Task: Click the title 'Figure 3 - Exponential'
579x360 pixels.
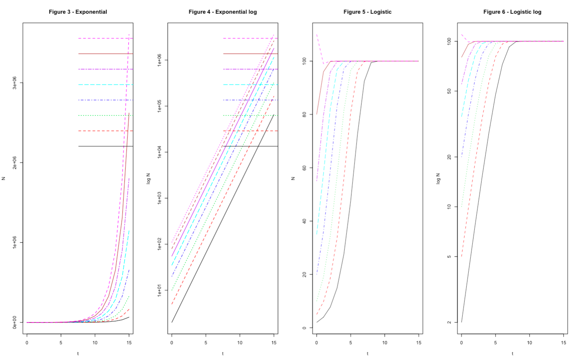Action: (x=78, y=12)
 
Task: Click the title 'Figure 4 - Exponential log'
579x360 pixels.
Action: (x=223, y=12)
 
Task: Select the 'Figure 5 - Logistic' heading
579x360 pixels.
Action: (x=367, y=12)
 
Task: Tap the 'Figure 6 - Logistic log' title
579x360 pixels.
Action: (x=512, y=12)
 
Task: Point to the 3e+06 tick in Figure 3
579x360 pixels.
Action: (x=15, y=83)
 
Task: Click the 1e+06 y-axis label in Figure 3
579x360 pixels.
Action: (x=15, y=242)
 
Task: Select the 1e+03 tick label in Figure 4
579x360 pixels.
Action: (x=160, y=198)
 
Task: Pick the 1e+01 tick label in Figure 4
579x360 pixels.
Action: (x=160, y=290)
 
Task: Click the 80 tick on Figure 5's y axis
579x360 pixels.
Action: (x=305, y=114)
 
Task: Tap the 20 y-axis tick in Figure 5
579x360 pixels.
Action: (x=305, y=274)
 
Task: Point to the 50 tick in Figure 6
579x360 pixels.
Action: (x=449, y=91)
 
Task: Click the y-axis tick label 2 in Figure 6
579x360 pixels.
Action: (x=449, y=322)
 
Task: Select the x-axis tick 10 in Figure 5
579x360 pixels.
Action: (x=385, y=343)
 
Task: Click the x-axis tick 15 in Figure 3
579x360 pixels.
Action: (x=129, y=343)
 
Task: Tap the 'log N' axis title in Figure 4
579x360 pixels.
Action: (x=148, y=178)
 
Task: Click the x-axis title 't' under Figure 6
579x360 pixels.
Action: (x=512, y=354)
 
